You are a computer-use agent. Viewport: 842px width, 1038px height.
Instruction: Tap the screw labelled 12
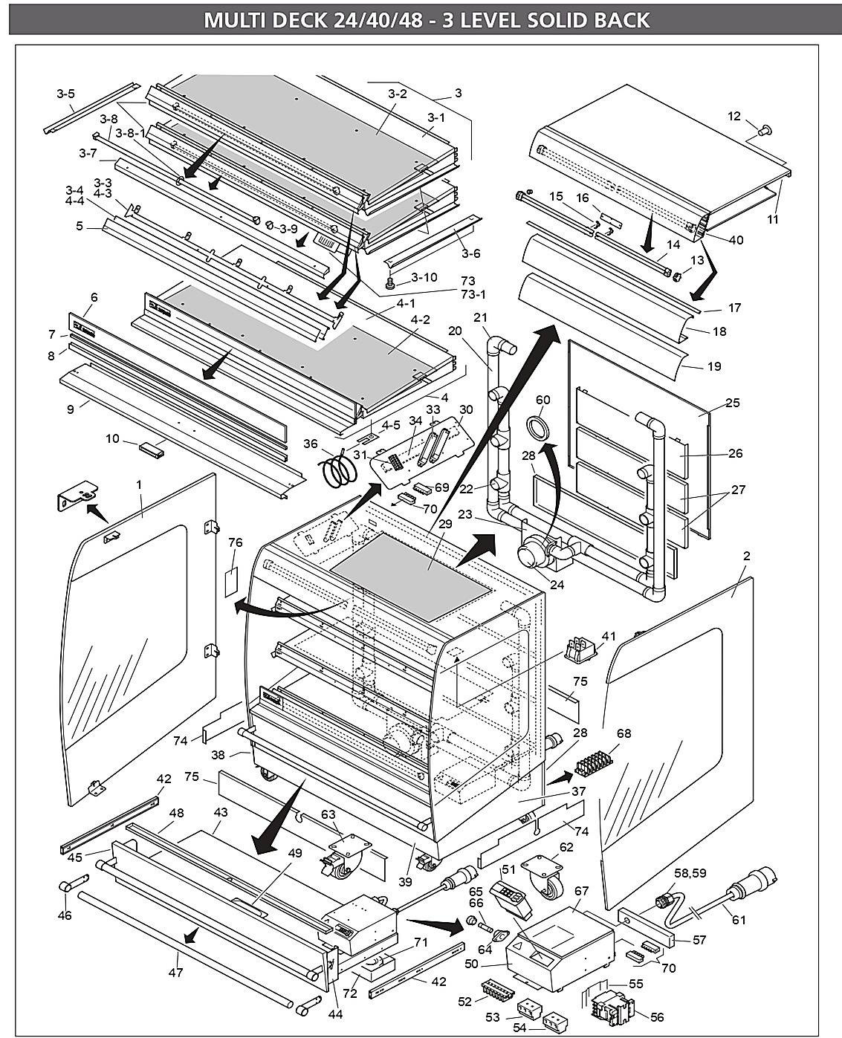tap(765, 130)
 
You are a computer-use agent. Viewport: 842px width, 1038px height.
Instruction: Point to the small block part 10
tap(152, 450)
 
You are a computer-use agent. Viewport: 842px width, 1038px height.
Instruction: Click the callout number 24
tap(557, 584)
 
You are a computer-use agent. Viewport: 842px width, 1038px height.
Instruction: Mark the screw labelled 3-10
tap(390, 281)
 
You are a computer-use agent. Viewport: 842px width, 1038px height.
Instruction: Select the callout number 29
tap(445, 523)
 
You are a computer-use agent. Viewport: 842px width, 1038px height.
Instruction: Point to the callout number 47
tap(175, 972)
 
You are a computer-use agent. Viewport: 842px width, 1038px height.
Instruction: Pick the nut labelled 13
tap(677, 277)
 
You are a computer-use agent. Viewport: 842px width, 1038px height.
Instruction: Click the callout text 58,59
tap(690, 872)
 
